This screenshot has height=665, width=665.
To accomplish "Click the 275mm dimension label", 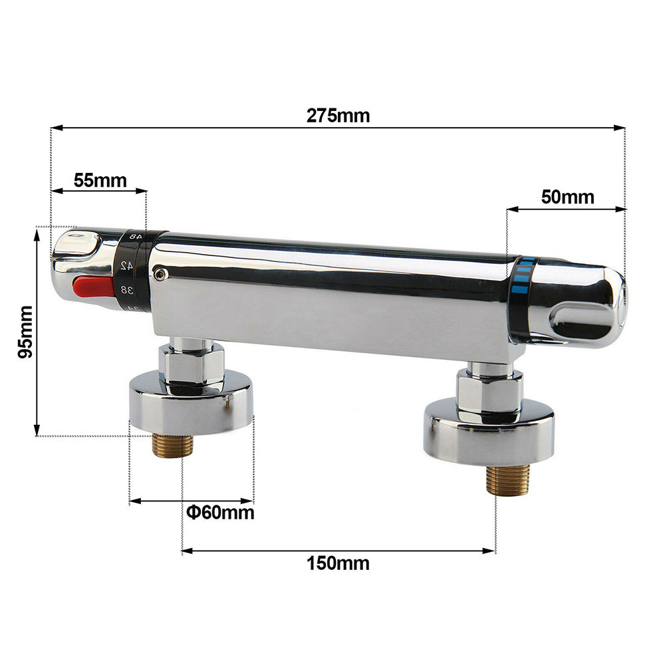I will pos(338,115).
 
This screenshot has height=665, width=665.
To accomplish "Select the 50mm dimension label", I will pos(568,197).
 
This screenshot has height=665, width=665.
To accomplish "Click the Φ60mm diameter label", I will pos(220,513).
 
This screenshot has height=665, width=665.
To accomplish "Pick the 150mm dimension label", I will pos(338,563).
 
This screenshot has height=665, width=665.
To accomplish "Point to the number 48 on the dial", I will pos(134,236).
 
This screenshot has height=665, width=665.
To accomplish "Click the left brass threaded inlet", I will pos(172,445).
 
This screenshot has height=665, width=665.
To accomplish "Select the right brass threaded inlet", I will pos(507,479).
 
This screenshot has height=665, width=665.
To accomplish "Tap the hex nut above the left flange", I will pos(192,364).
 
